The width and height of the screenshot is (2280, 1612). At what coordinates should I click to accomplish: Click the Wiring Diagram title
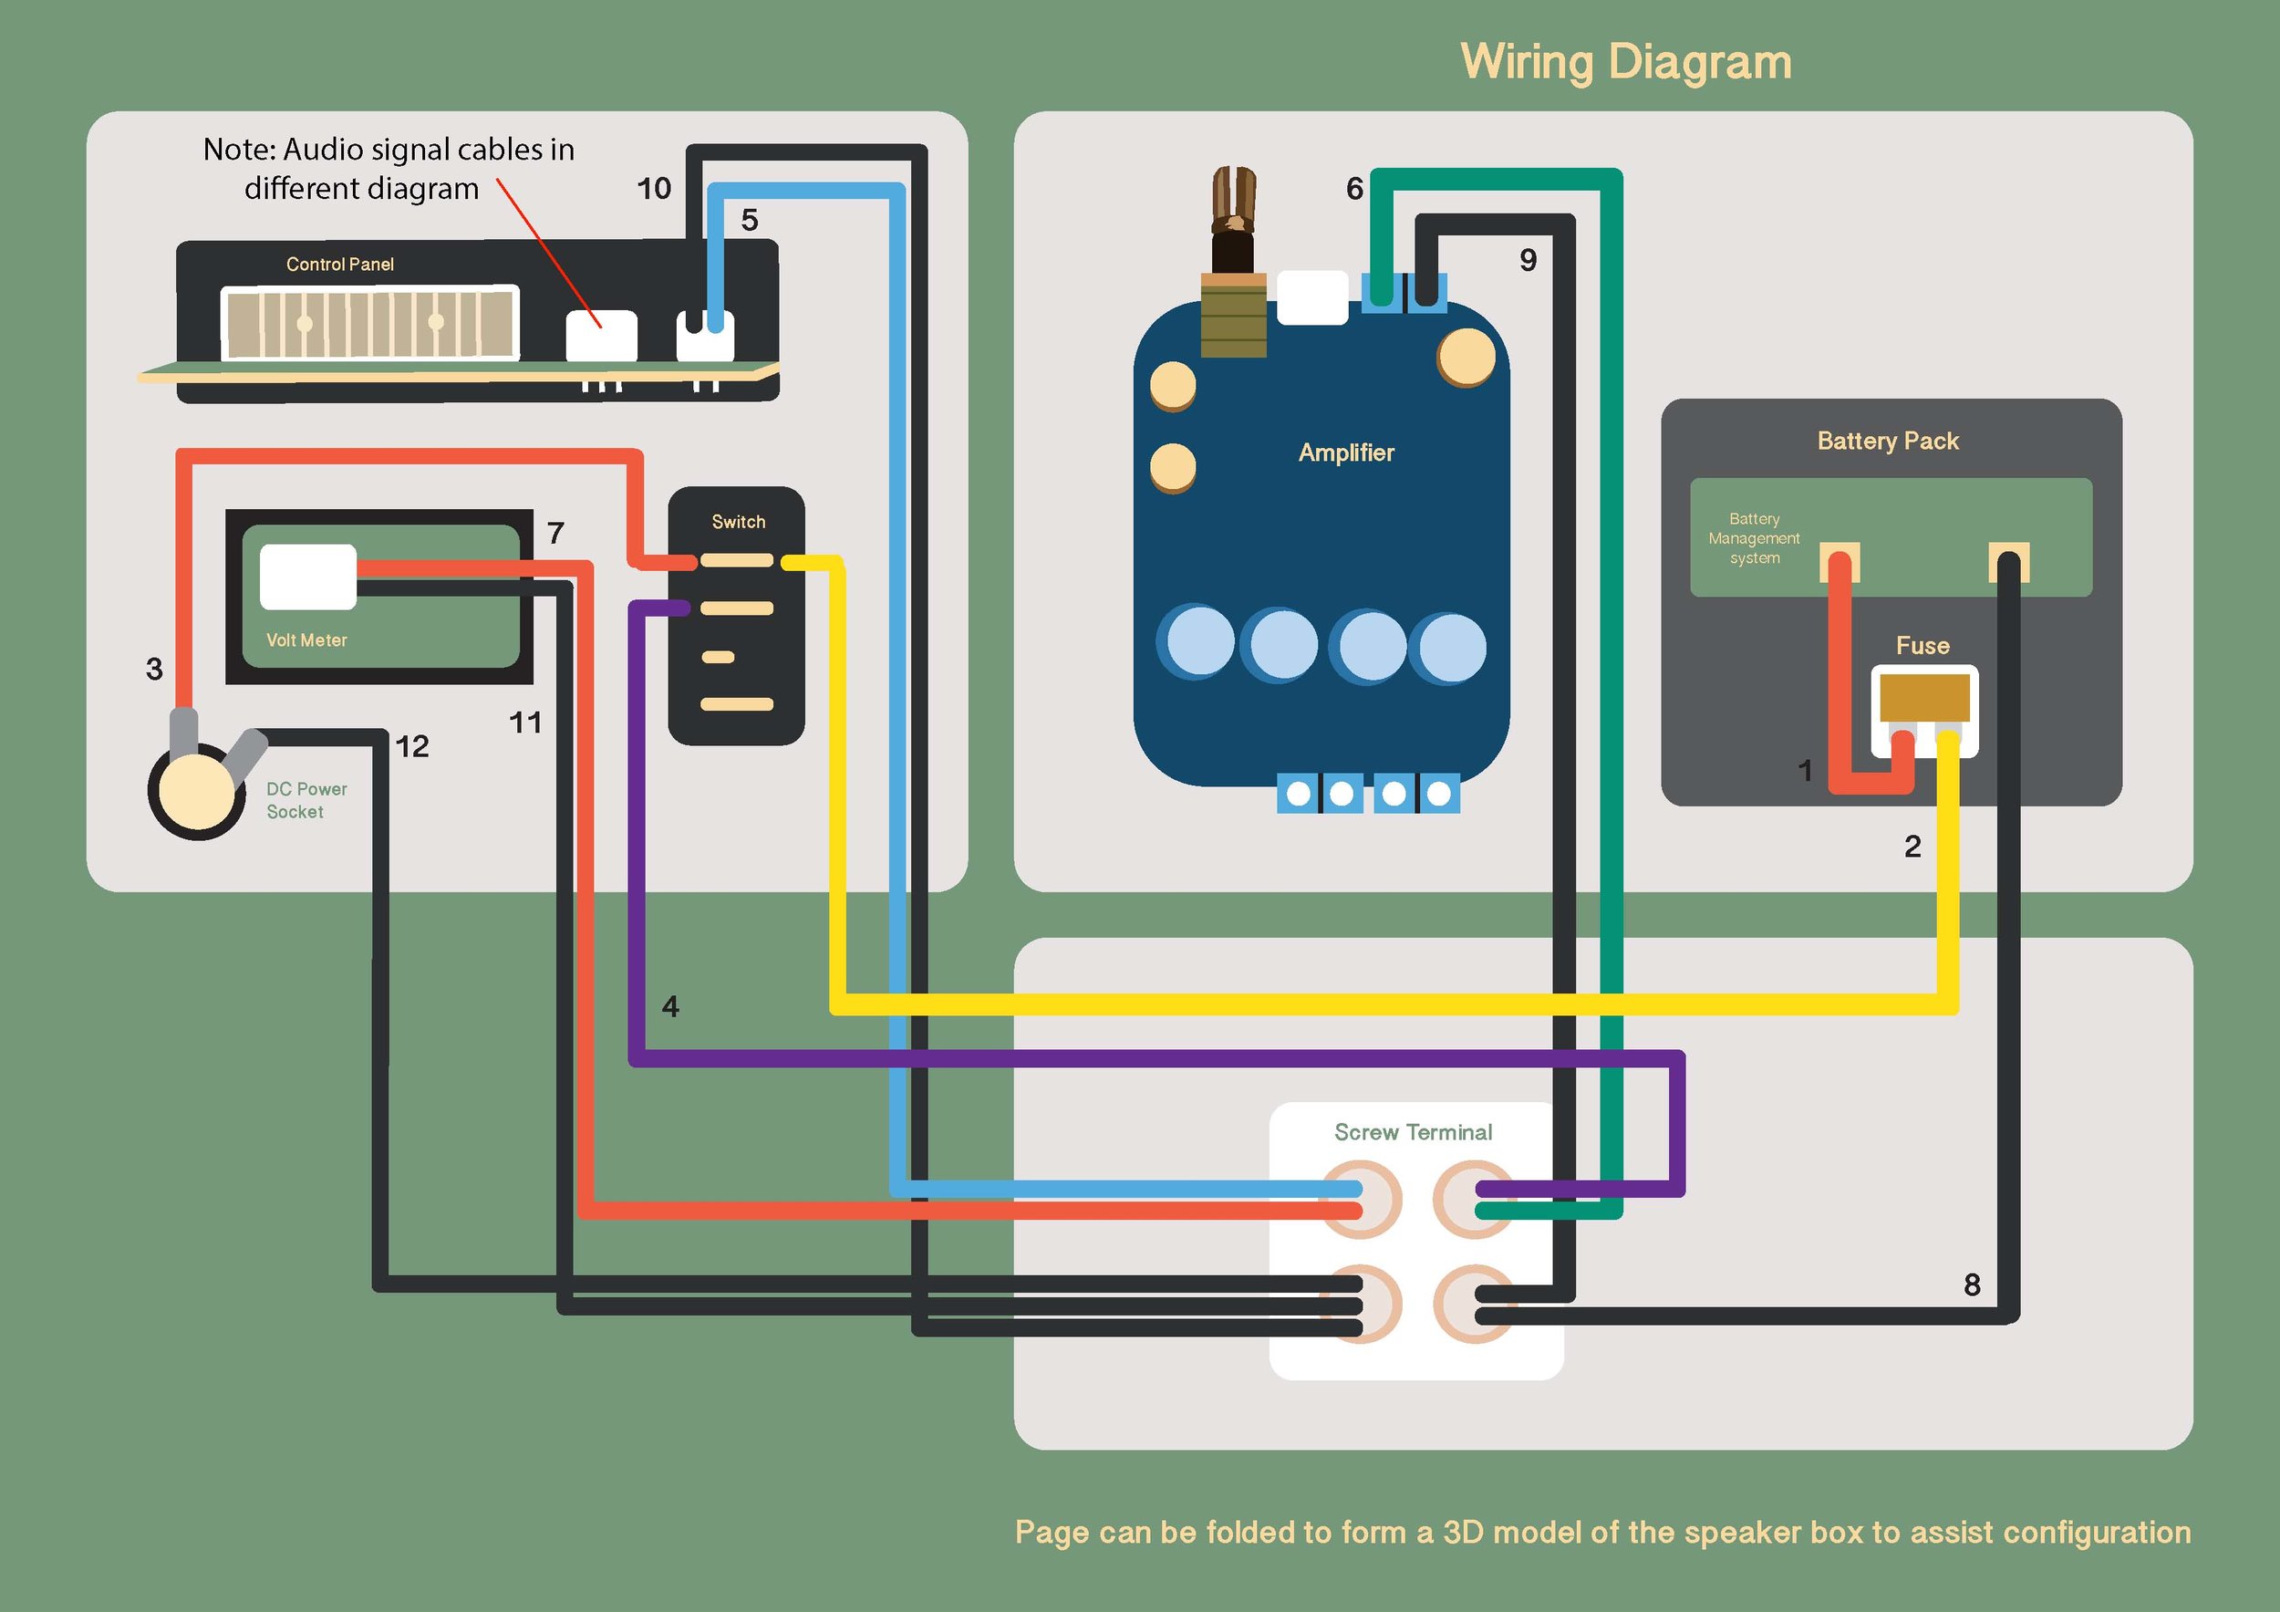click(x=1625, y=62)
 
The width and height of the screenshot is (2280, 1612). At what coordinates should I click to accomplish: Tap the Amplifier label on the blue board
click(x=1345, y=452)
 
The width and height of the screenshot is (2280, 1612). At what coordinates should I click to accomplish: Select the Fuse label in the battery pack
click(x=1922, y=646)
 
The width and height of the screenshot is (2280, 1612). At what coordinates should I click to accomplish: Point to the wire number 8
click(x=1972, y=1285)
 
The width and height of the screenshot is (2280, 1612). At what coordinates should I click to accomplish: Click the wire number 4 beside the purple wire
click(x=670, y=1007)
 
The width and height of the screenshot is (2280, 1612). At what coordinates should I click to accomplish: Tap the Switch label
click(x=738, y=523)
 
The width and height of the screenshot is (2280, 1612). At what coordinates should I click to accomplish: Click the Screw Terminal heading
click(x=1412, y=1132)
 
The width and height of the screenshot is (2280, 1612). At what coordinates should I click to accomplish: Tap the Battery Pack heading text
click(x=1887, y=441)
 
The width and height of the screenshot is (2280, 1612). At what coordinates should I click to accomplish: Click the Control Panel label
click(x=339, y=265)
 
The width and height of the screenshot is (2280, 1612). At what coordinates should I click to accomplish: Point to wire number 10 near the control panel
click(x=653, y=189)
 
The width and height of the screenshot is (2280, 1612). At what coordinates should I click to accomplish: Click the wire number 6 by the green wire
click(x=1354, y=189)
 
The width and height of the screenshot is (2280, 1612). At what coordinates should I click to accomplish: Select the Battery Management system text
click(x=1754, y=538)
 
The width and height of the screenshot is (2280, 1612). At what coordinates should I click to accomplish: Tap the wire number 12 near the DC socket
click(x=412, y=747)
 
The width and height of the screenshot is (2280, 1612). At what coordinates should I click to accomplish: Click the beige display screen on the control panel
click(x=369, y=323)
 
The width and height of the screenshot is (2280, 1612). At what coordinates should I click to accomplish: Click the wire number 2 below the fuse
click(x=1912, y=847)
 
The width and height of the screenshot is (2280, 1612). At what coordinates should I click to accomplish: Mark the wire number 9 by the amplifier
click(x=1529, y=260)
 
